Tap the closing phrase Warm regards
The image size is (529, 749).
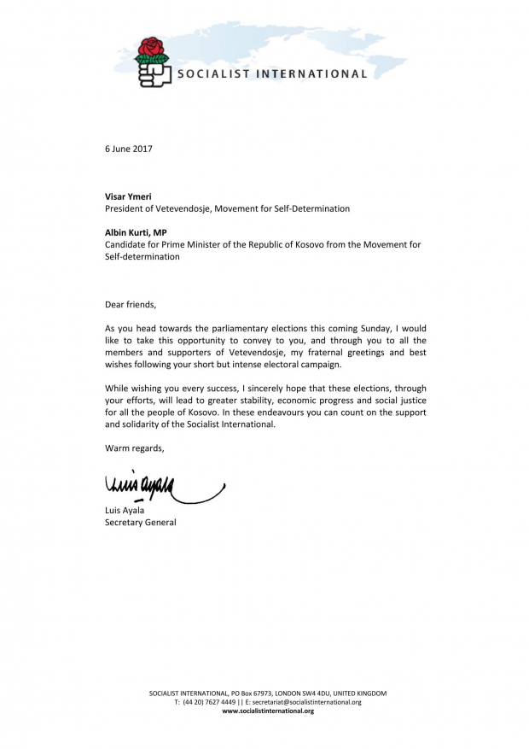coord(134,448)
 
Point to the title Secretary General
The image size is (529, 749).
coord(141,523)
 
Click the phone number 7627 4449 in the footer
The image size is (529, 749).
coord(221,702)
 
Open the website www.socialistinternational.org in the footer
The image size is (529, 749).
coord(268,711)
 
